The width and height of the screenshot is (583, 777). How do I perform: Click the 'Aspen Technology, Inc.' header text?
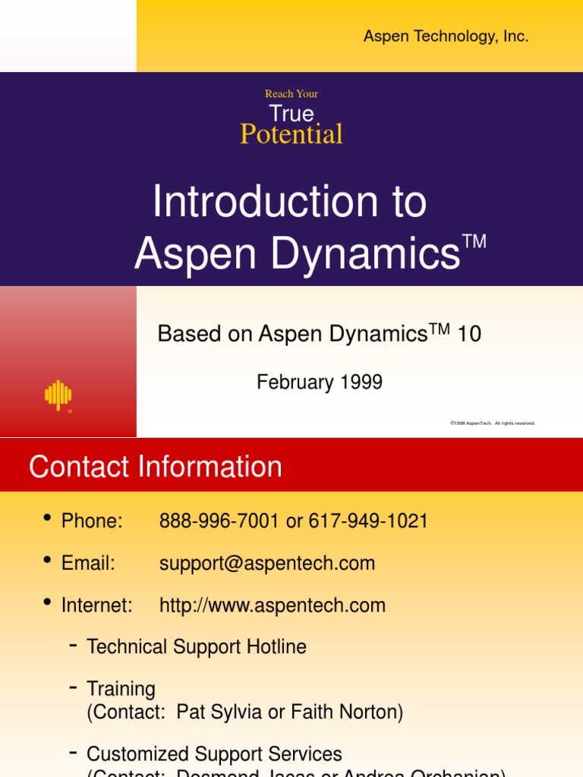(x=446, y=36)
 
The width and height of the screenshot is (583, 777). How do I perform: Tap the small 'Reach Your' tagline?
(x=291, y=94)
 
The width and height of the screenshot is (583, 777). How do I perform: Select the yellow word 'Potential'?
(x=291, y=134)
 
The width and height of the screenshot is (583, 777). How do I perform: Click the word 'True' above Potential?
(x=291, y=114)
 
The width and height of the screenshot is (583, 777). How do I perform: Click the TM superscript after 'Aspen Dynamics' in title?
(x=474, y=242)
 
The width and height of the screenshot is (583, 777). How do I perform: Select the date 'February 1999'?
(x=320, y=382)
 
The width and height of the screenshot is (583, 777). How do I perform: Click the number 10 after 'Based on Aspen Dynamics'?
(x=469, y=334)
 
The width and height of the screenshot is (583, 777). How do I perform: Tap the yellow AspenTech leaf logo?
(x=58, y=395)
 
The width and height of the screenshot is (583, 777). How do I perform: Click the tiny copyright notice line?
(x=492, y=423)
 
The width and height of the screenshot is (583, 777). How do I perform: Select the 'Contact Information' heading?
(x=156, y=467)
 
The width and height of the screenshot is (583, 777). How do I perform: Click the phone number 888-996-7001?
(x=219, y=521)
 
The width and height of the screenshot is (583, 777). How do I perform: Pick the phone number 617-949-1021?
(x=368, y=521)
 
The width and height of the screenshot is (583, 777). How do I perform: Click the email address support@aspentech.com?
(x=267, y=564)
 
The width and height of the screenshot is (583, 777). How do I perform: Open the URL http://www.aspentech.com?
(x=273, y=606)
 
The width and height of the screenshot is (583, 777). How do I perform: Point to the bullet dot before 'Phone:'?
(x=47, y=518)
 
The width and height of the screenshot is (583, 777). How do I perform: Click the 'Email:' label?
(x=88, y=564)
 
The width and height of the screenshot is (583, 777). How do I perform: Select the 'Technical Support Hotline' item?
(x=197, y=647)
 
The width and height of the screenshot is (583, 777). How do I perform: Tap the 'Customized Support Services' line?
(x=214, y=754)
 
